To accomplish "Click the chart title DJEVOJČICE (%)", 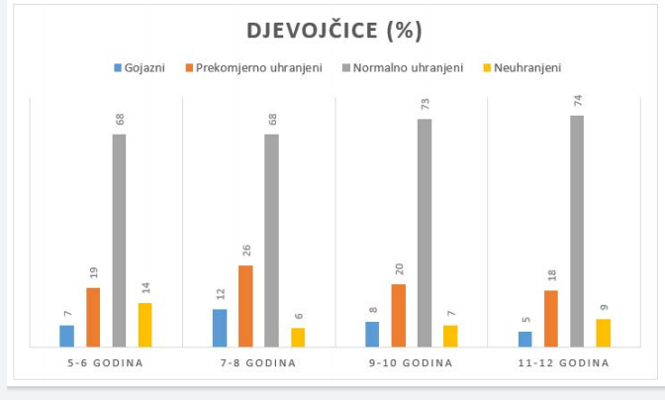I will pos(334,31).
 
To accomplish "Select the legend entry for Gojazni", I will pos(144,68).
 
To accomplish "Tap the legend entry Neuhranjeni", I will pos(525,68).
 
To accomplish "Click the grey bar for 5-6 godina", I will pos(119,240).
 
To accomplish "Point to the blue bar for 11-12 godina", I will pos(524,339).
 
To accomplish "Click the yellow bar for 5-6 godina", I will pos(144,325).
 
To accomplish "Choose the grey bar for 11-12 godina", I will pos(576,231).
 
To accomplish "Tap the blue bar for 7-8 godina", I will pos(220,328).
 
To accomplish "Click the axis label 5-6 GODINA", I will pos(106,363).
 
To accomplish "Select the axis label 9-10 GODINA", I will pos(411,363).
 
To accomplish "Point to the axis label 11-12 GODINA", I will pos(563,363).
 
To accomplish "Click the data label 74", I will pos(577,102).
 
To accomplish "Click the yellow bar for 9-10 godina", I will pos(450,336).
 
